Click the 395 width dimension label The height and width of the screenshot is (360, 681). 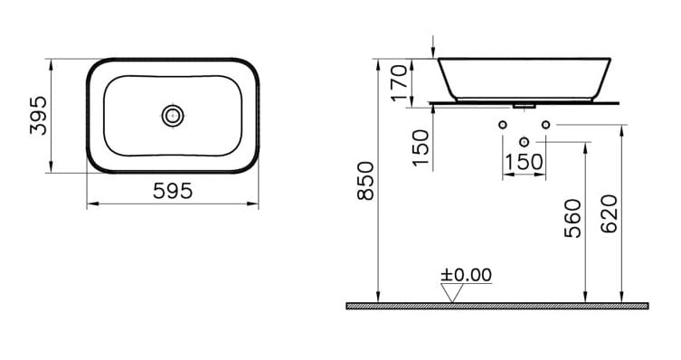(38, 116)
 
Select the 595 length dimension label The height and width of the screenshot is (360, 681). (173, 191)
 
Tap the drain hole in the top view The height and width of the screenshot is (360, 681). (173, 116)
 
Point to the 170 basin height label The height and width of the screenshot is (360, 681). (400, 82)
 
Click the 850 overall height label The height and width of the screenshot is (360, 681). (365, 181)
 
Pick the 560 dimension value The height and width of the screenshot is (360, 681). (572, 218)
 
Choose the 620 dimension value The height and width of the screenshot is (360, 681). (609, 214)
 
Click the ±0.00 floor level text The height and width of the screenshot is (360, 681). (466, 275)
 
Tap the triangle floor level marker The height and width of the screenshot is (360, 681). (451, 293)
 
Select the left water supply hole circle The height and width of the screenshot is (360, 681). (503, 125)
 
